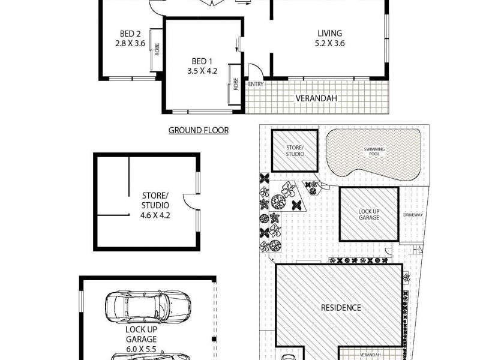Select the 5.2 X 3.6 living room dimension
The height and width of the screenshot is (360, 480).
(329, 43)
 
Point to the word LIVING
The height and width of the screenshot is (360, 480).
(329, 34)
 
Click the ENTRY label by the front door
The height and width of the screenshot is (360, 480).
(255, 84)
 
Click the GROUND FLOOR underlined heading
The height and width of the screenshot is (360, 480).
(198, 130)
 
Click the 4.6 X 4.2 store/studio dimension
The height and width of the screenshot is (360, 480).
(155, 214)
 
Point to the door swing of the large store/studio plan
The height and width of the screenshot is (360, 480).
(191, 202)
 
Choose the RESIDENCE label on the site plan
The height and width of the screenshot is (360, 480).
(341, 308)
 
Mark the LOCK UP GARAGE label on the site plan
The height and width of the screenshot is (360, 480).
(369, 214)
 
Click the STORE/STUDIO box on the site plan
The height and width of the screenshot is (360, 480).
(294, 151)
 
